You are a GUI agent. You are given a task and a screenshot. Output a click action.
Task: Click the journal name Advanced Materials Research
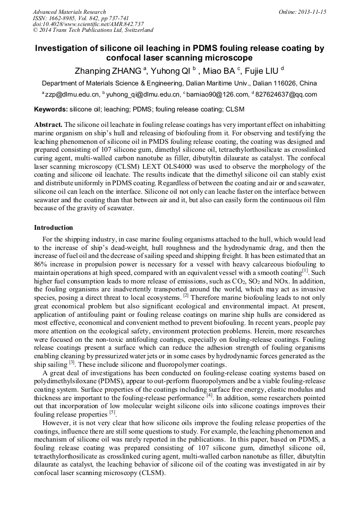click(x=69, y=12)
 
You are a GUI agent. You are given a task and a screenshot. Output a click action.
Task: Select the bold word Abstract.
click(x=48, y=124)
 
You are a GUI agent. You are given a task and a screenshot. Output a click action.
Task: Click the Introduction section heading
click(x=54, y=228)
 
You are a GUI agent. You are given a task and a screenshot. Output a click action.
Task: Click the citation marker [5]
click(x=112, y=412)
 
